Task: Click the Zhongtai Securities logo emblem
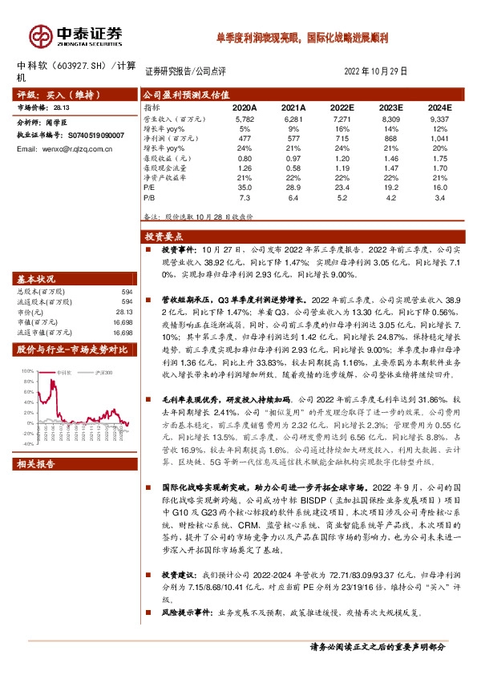point(40,35)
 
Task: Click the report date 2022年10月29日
point(376,71)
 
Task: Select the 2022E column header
point(342,107)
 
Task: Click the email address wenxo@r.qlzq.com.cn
point(76,149)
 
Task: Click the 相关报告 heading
point(37,463)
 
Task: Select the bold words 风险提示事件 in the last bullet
point(183,614)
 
